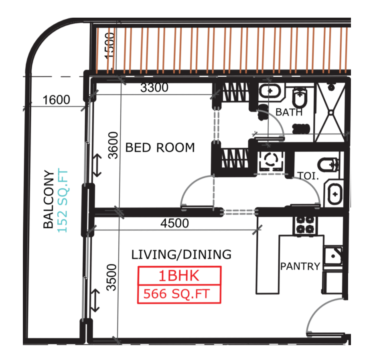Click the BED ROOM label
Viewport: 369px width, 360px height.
(x=160, y=148)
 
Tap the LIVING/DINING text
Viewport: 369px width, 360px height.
(x=181, y=254)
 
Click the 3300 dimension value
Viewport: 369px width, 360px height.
(x=154, y=88)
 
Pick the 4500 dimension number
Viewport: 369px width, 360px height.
(x=174, y=224)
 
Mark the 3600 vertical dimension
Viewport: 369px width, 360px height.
(x=114, y=145)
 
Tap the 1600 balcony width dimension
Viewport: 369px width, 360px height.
(x=56, y=100)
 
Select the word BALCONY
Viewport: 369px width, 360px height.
(x=49, y=199)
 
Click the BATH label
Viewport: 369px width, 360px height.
(x=289, y=112)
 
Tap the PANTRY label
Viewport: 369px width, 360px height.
(x=300, y=266)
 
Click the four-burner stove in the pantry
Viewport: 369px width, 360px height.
(x=306, y=225)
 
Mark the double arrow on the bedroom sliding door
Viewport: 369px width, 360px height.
(x=97, y=165)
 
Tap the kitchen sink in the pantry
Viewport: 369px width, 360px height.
(x=333, y=254)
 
